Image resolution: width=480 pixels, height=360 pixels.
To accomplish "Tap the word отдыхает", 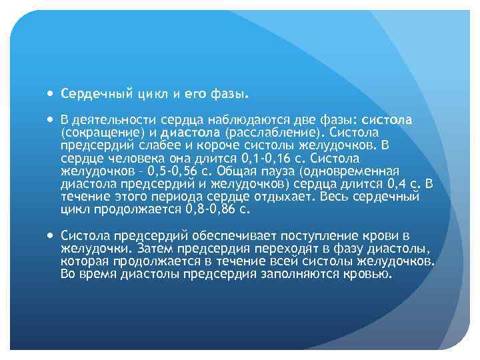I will (279, 197).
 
